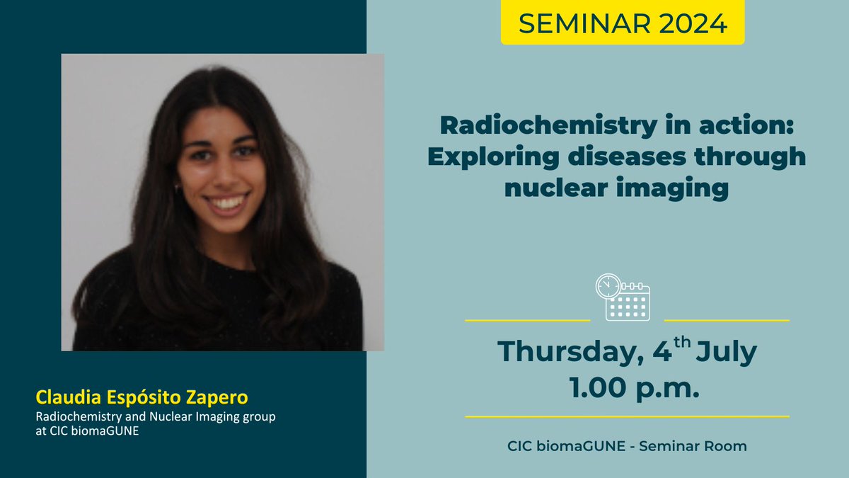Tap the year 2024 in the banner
(x=689, y=23)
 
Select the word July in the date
(x=727, y=352)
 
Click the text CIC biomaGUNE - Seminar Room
(x=627, y=446)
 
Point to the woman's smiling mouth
(x=227, y=204)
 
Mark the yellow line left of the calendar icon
(x=527, y=321)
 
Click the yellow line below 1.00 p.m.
(x=627, y=416)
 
